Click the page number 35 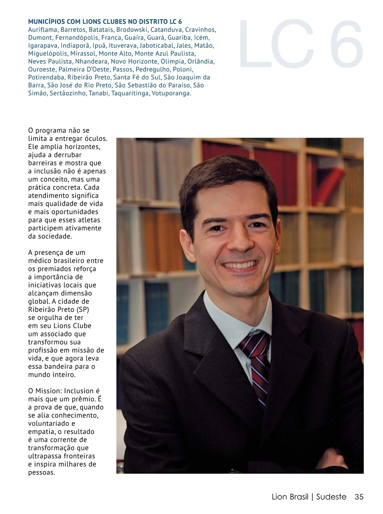pos(359,497)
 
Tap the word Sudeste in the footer pos(331,497)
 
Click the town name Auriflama pos(43,30)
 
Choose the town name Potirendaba pos(47,78)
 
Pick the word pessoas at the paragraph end pos(41,473)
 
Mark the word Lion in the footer pos(281,497)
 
